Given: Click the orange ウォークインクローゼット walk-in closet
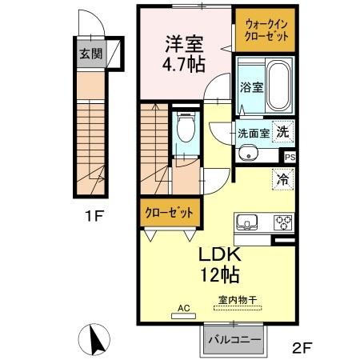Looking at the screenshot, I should point(265,33).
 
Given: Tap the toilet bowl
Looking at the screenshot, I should point(185,127).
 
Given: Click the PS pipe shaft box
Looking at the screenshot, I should point(290,158).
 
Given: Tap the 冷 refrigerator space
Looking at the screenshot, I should point(282,180).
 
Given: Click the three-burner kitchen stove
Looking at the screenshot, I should point(283,222).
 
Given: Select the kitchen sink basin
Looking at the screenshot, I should point(245,222).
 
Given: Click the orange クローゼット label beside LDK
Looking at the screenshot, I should point(169,214).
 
